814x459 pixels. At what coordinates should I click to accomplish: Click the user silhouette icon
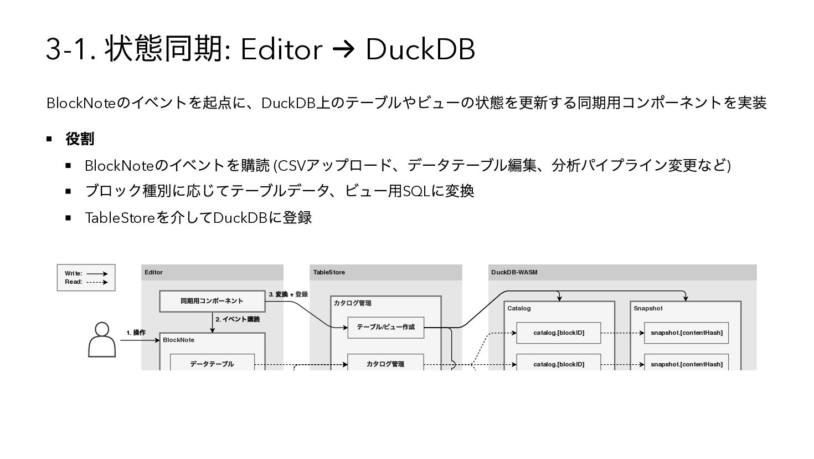point(102,339)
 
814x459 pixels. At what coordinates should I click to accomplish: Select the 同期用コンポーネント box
point(212,301)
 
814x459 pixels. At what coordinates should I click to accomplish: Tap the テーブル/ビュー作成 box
point(385,327)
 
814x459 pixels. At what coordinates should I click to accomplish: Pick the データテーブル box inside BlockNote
point(212,364)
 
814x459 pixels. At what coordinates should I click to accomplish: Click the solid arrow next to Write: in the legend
point(97,273)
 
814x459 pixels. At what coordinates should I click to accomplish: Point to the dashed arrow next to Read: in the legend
point(97,282)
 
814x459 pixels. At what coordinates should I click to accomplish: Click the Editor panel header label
point(153,272)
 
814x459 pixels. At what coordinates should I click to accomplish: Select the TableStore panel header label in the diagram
point(329,272)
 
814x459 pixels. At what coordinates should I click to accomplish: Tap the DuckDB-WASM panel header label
point(514,272)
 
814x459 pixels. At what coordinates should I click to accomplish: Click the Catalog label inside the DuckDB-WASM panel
point(519,308)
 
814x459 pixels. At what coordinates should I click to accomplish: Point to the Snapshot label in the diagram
point(648,308)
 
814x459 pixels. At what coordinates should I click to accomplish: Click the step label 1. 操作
point(136,333)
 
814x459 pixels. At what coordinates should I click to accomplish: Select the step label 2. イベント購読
point(238,319)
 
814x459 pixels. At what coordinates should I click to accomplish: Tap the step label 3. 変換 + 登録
point(288,294)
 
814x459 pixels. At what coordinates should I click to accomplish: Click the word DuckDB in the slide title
point(420,49)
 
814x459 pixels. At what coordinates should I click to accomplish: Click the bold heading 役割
point(80,139)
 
